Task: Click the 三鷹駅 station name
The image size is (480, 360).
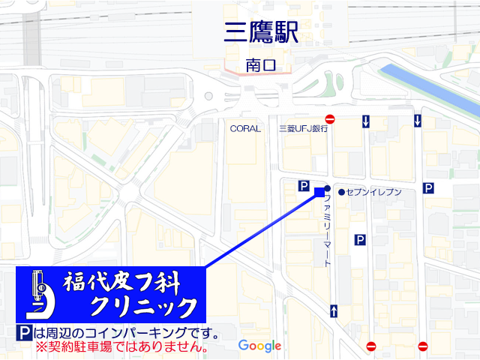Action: (x=262, y=32)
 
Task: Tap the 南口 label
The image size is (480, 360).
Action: (x=261, y=66)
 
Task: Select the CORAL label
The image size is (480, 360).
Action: (x=245, y=128)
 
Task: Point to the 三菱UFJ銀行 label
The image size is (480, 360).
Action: (x=303, y=128)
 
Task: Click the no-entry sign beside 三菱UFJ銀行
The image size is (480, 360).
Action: (x=330, y=119)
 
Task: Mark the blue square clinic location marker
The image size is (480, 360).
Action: (x=319, y=192)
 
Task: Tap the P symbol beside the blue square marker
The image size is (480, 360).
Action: (x=304, y=186)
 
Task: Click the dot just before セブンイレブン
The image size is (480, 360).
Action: (x=341, y=193)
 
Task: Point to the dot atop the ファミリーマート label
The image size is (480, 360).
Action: (x=327, y=188)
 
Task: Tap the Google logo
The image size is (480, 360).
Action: (x=259, y=346)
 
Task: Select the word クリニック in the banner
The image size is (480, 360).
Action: (x=142, y=307)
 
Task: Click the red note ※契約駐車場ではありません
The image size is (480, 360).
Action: (x=121, y=347)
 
